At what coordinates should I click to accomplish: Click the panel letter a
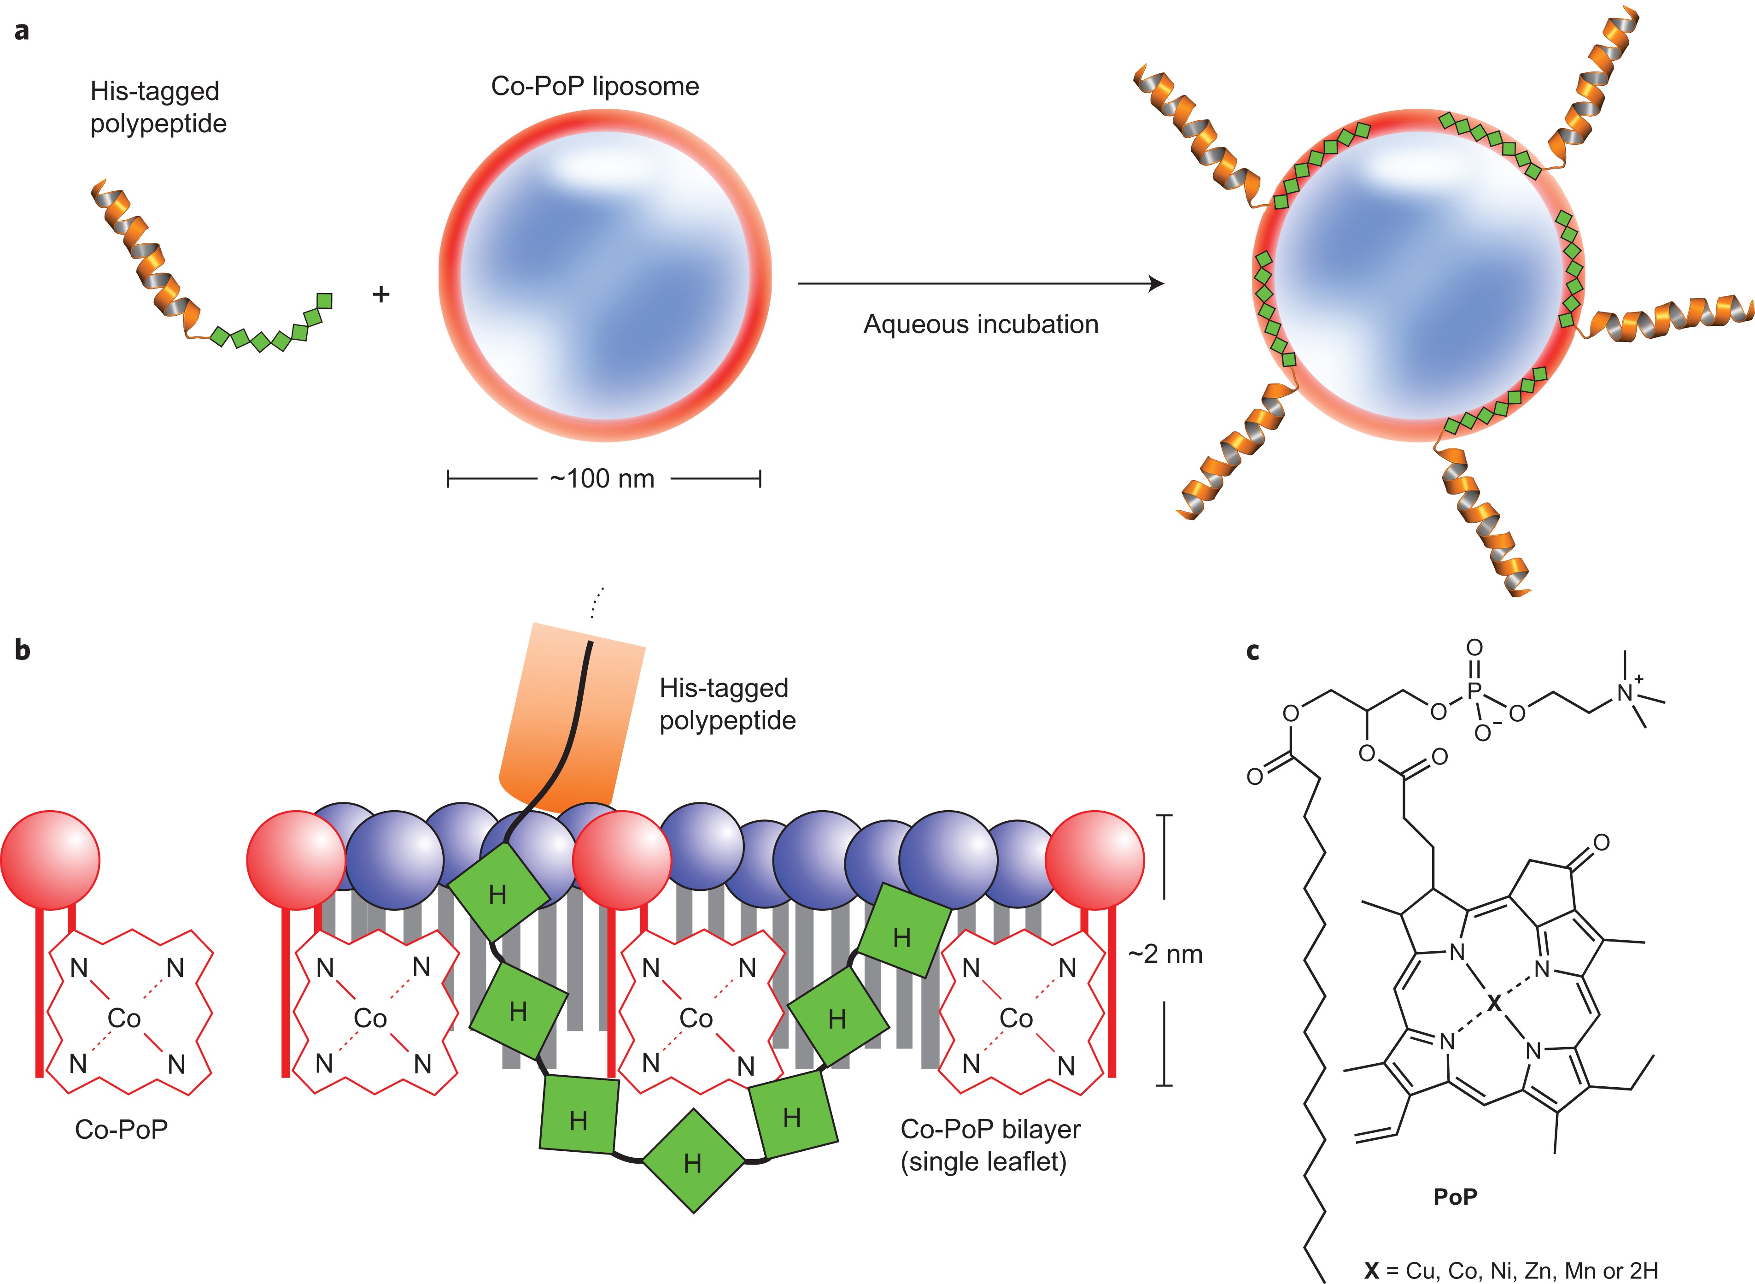pos(22,31)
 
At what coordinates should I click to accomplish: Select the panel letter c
pos(1252,651)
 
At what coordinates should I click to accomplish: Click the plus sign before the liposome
pos(380,294)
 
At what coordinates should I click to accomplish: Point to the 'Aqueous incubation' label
pos(980,324)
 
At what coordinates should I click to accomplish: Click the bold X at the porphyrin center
pos(1494,1004)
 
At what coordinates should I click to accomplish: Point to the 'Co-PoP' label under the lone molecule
pos(121,1129)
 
